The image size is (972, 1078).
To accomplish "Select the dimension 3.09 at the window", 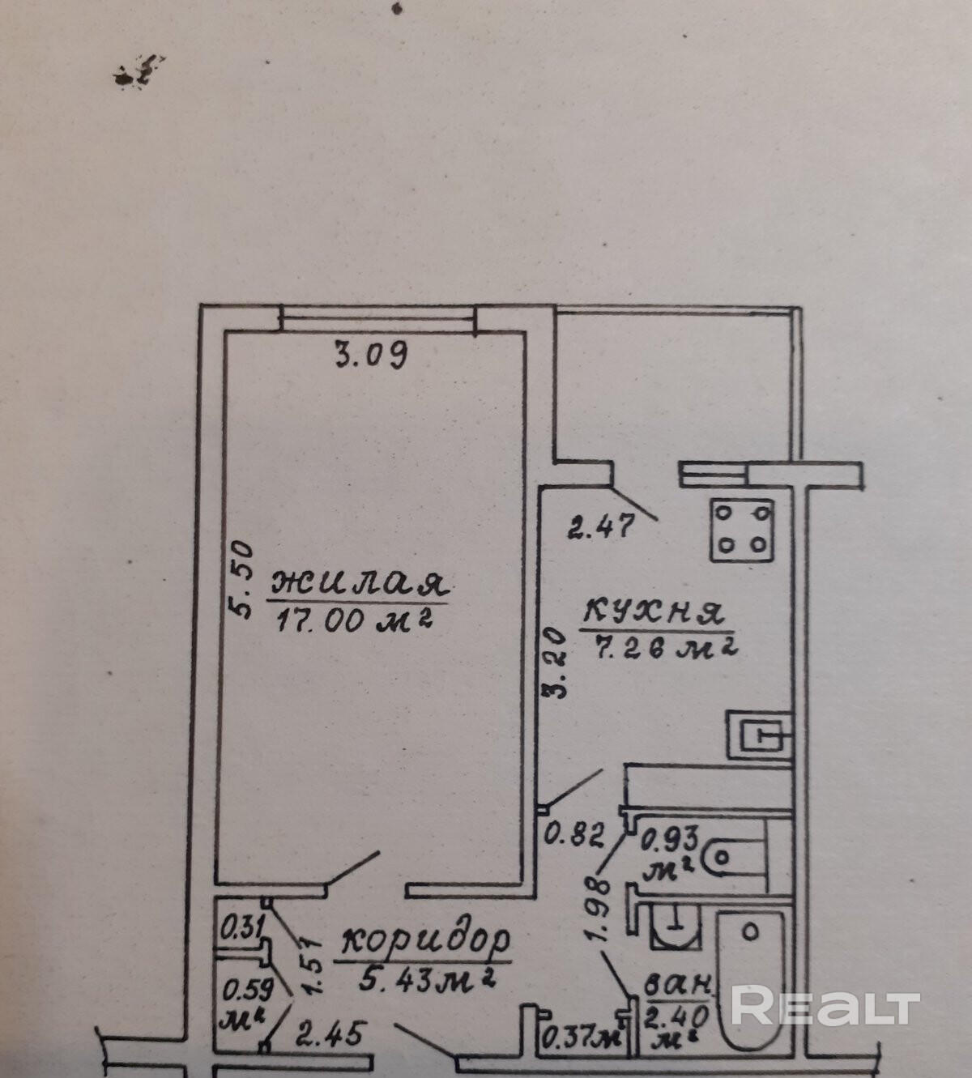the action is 371,355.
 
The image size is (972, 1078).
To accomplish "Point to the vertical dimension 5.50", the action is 243,580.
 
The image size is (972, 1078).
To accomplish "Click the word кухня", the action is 652,611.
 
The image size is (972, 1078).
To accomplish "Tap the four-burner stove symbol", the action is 741,530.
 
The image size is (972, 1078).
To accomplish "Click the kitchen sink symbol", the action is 759,734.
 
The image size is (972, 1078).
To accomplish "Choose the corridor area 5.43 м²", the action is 426,979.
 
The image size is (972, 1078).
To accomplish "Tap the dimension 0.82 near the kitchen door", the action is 574,833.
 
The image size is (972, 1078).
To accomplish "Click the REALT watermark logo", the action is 825,1007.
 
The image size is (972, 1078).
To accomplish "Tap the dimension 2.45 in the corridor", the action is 330,1033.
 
